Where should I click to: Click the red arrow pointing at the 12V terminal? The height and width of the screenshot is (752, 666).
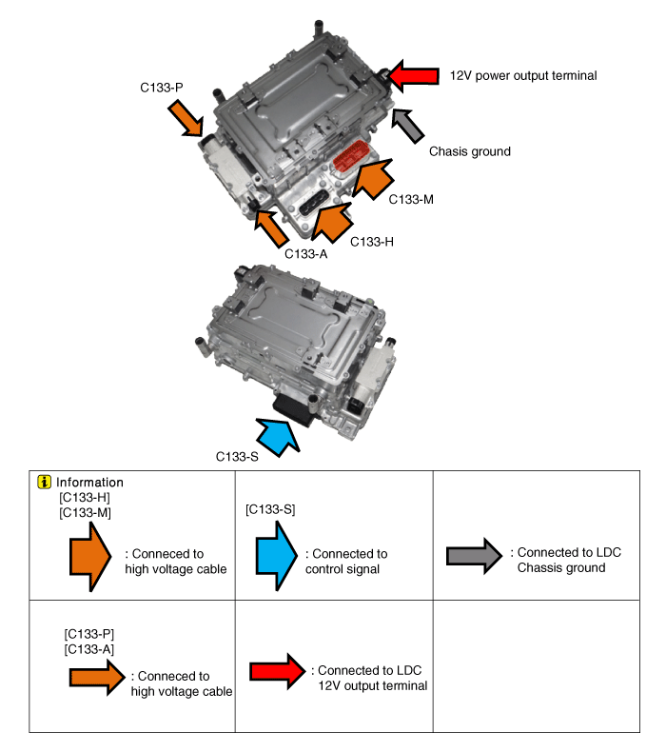pyautogui.click(x=411, y=75)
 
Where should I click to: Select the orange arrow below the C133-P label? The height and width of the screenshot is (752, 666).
pyautogui.click(x=186, y=120)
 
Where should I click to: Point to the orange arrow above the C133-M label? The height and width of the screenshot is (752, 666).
pyautogui.click(x=371, y=178)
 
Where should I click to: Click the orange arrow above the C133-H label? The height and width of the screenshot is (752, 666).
pyautogui.click(x=332, y=221)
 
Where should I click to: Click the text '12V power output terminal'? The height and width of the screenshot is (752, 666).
pyautogui.click(x=523, y=75)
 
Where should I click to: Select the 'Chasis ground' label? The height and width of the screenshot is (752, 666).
pyautogui.click(x=469, y=151)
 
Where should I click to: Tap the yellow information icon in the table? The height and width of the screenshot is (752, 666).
pyautogui.click(x=44, y=482)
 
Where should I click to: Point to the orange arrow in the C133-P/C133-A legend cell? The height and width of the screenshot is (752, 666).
pyautogui.click(x=96, y=677)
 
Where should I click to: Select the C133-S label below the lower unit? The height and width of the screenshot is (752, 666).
pyautogui.click(x=237, y=456)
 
